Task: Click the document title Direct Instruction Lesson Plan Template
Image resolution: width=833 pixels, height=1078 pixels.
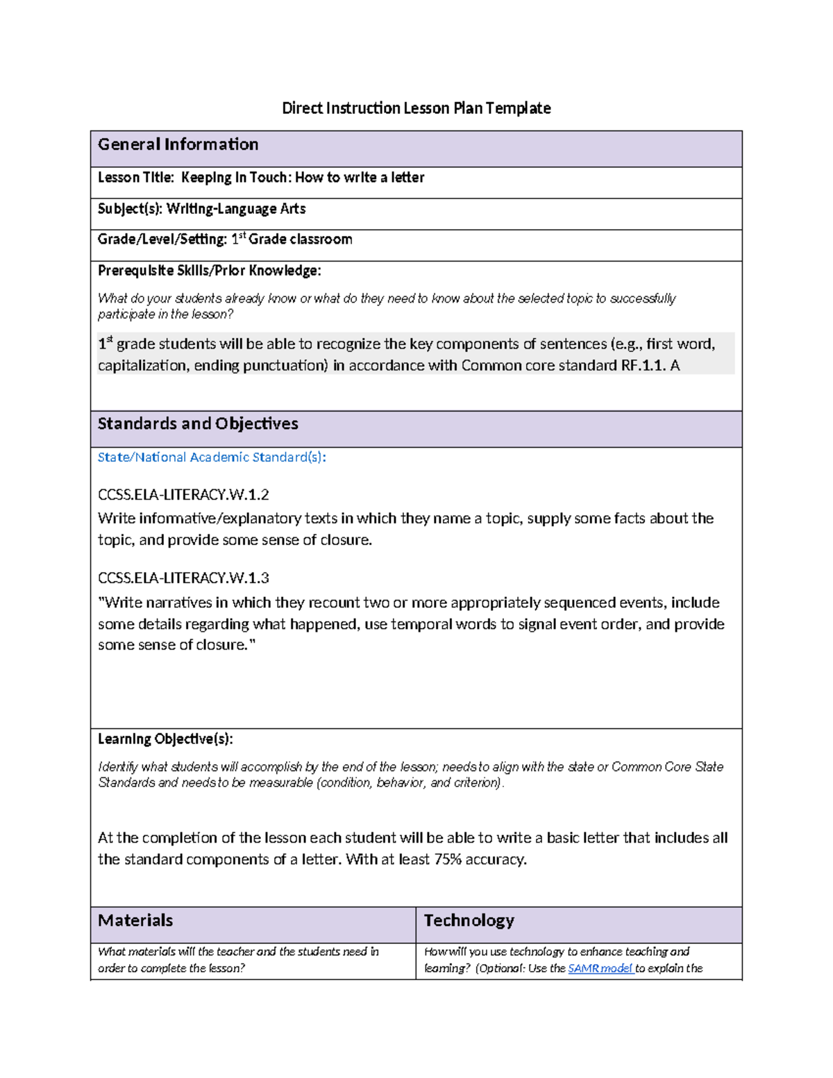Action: tap(416, 108)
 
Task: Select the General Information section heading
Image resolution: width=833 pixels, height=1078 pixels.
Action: tap(178, 144)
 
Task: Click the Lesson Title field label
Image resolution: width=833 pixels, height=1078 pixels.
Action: tap(136, 178)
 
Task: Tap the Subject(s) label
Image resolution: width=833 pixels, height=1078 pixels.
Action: tap(129, 209)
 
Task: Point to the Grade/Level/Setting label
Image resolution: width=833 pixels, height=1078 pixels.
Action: tap(162, 239)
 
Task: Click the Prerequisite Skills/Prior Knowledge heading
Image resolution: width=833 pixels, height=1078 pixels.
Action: tap(209, 271)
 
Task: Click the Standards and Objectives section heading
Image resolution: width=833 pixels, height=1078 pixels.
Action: tap(198, 424)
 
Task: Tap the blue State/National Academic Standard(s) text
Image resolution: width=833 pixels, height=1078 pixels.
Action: tap(212, 457)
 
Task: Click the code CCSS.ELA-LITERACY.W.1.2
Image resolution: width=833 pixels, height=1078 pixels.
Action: tap(183, 495)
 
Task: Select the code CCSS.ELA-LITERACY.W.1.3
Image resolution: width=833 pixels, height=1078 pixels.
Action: tap(183, 578)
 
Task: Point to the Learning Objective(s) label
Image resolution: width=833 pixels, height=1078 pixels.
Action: tap(165, 739)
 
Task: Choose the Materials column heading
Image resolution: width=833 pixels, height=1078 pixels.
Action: tap(135, 921)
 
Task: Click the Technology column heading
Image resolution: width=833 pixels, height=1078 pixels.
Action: tap(469, 921)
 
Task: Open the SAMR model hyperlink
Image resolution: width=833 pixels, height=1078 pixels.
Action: tap(600, 968)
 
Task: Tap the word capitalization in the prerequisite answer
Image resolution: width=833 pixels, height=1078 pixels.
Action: tap(142, 366)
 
